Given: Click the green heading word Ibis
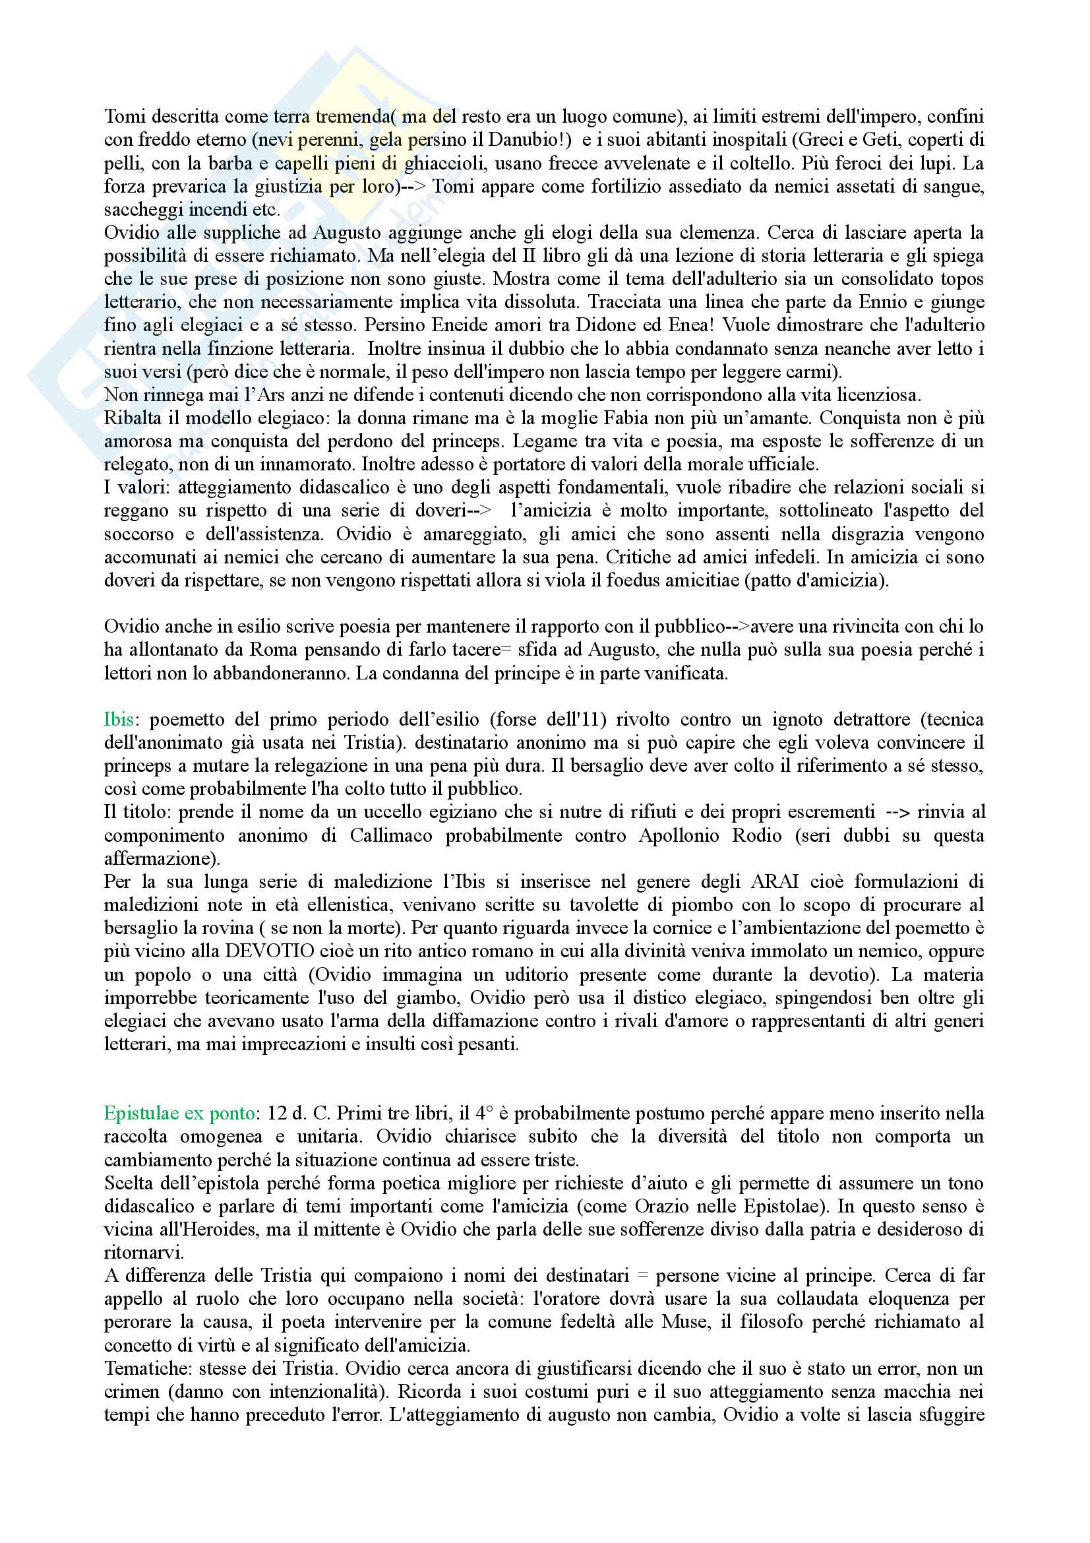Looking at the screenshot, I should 118,720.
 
